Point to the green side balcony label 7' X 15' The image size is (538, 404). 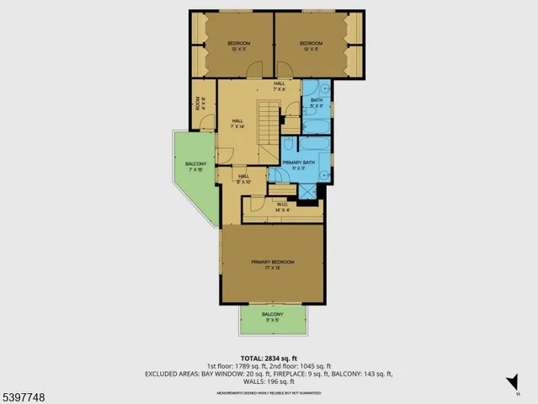pos(195,167)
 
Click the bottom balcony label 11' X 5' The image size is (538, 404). pos(272,317)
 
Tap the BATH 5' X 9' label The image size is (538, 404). pos(317,104)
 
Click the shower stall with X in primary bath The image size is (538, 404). pos(309,192)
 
